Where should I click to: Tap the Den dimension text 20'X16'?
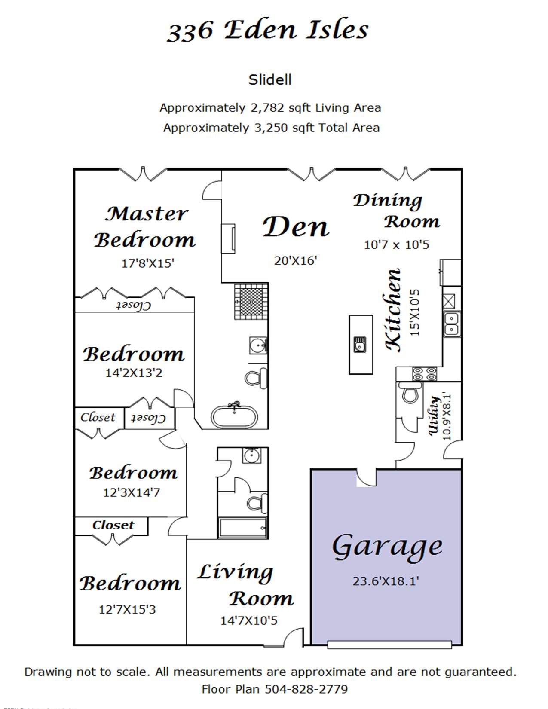click(296, 261)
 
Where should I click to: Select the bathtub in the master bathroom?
click(234, 416)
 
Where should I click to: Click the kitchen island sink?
click(360, 345)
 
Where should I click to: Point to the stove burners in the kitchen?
click(424, 374)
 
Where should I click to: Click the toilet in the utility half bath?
click(410, 393)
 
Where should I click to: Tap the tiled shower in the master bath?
click(251, 301)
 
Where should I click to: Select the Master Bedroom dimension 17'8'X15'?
click(148, 263)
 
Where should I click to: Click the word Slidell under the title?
click(270, 80)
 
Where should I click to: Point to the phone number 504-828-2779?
click(306, 689)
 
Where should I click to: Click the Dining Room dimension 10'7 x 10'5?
click(396, 244)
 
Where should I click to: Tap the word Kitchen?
click(393, 310)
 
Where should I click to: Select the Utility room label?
click(434, 416)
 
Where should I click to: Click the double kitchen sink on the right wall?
click(452, 324)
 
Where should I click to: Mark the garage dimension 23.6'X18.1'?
click(386, 581)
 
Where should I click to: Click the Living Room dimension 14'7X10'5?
click(249, 620)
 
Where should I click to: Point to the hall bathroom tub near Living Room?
click(243, 528)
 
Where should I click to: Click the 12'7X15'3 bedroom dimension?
click(127, 609)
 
